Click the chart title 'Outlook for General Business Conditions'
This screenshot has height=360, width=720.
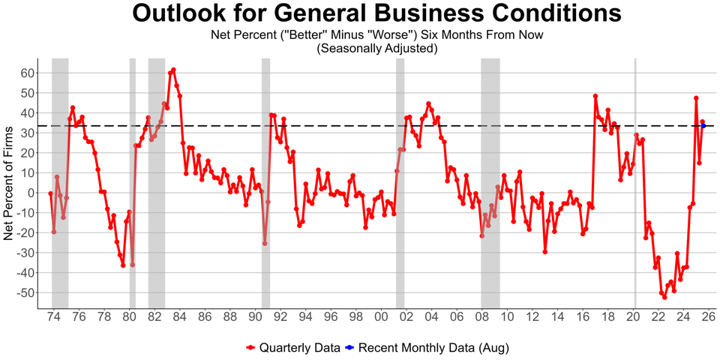pos(376,14)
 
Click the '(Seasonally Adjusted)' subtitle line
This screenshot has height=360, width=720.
pos(376,48)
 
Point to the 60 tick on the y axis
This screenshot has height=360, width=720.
pos(27,73)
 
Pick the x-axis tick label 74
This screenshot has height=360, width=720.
pos(53,317)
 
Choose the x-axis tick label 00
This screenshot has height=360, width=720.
pos(381,317)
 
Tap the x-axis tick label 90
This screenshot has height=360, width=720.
pos(255,317)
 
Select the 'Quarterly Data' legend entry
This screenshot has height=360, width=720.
pos(292,348)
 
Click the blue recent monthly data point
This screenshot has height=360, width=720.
pos(703,126)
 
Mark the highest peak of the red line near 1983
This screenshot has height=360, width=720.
pos(173,70)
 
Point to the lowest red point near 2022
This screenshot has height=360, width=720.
pos(664,297)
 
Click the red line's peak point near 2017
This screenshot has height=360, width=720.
pos(595,96)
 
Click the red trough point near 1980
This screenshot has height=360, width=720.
pos(133,265)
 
